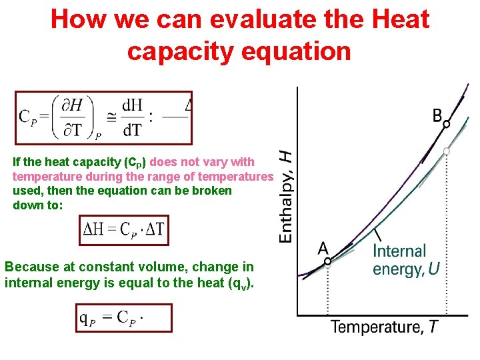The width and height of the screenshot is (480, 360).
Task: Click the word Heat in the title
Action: tap(398, 19)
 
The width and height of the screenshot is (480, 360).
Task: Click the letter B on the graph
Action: tap(437, 115)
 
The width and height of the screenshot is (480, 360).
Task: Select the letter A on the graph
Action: tap(323, 248)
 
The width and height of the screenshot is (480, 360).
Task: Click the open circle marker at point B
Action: tap(447, 124)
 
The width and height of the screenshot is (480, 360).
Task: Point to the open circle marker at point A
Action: tap(327, 262)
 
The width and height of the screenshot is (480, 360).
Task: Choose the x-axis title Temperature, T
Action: tap(385, 327)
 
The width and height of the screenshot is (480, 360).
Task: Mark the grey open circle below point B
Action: tap(447, 151)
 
